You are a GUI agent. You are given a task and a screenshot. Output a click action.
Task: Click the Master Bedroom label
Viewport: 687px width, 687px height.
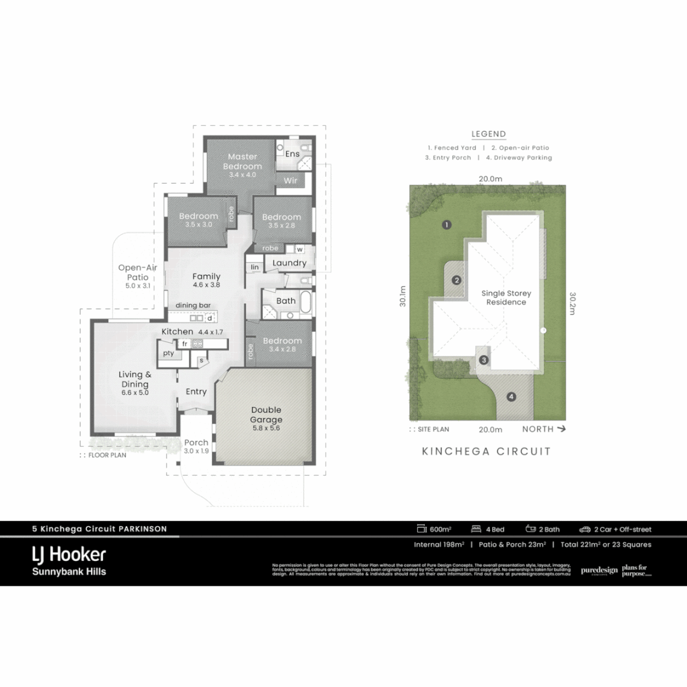(x=242, y=162)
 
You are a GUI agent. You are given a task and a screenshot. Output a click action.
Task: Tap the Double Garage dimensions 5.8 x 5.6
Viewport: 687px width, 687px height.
(x=265, y=429)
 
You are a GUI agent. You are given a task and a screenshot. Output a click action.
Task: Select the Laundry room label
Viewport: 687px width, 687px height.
(x=289, y=263)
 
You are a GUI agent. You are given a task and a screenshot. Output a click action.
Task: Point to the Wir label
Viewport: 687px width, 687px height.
(x=290, y=181)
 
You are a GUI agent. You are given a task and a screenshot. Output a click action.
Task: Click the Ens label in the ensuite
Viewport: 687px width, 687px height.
(x=292, y=154)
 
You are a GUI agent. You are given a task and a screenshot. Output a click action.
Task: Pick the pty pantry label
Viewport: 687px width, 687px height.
(x=168, y=353)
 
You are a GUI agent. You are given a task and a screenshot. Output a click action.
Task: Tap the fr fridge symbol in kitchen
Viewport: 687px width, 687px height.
(x=184, y=343)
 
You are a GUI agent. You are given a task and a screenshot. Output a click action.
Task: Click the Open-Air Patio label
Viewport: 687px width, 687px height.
(x=137, y=272)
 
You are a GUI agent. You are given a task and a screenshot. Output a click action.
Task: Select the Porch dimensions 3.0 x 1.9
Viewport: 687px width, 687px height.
(x=196, y=452)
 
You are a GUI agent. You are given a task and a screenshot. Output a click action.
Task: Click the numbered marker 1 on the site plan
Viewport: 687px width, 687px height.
(x=447, y=225)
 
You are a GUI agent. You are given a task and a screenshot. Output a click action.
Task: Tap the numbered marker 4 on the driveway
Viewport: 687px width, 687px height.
(x=511, y=398)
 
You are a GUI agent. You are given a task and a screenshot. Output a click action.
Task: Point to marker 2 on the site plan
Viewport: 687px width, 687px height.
(x=456, y=281)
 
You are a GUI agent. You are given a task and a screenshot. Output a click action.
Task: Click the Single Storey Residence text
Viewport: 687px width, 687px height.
(x=506, y=298)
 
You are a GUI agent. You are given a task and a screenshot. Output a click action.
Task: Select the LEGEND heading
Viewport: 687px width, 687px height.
(x=489, y=134)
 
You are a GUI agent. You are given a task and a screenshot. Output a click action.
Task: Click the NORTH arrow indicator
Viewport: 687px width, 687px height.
(x=544, y=429)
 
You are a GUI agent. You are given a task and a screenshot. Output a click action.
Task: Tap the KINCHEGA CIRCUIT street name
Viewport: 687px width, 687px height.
(x=487, y=452)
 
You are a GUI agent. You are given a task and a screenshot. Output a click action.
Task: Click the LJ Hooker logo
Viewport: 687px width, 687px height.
(x=69, y=554)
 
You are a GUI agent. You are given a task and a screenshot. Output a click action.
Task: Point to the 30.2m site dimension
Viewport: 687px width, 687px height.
(x=572, y=300)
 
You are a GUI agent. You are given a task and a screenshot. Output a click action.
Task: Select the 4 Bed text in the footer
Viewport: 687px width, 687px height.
(x=494, y=529)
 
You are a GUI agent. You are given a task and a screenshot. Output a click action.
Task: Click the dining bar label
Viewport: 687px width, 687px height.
(x=193, y=305)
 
